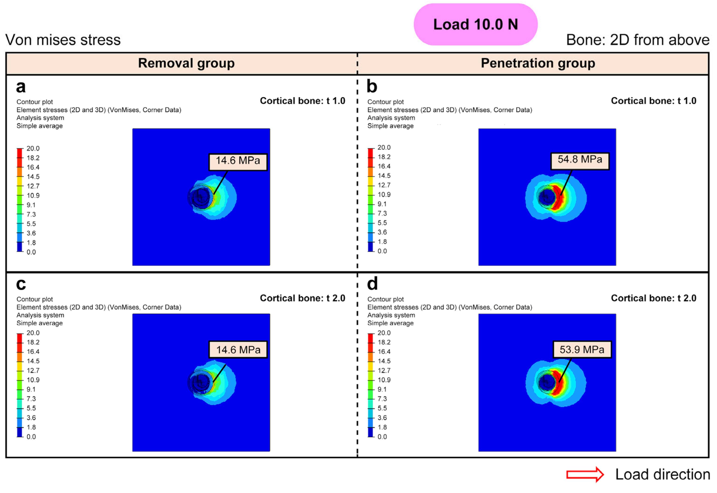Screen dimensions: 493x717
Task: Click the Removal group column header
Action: point(186,63)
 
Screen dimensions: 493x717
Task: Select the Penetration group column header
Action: point(538,63)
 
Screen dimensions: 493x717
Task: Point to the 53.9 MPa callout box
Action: point(582,350)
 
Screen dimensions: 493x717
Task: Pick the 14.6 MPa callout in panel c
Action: point(238,350)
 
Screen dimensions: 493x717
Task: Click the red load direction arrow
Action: point(584,475)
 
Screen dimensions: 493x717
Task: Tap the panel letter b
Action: point(372,87)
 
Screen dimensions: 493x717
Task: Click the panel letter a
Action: point(21,87)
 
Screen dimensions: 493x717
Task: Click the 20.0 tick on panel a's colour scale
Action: point(33,149)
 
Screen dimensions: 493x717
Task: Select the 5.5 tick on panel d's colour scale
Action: point(382,408)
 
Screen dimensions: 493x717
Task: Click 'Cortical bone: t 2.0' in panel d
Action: point(653,298)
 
